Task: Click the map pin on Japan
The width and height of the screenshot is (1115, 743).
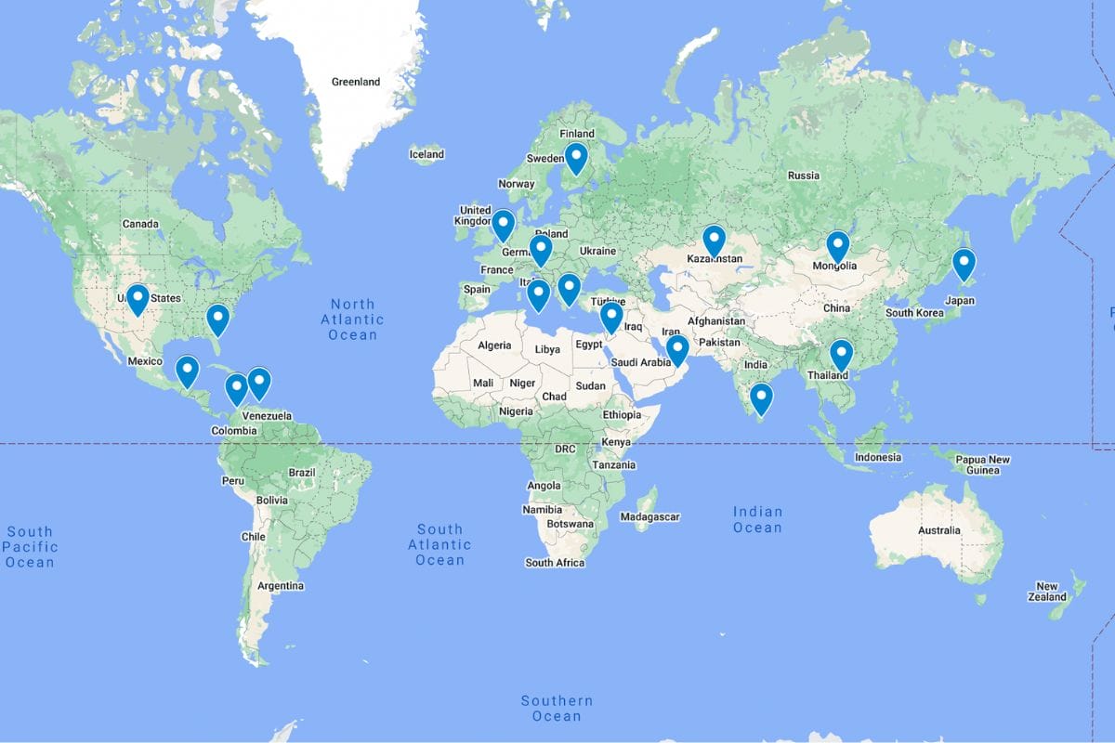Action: (964, 264)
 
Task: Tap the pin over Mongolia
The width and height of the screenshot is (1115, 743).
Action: (837, 246)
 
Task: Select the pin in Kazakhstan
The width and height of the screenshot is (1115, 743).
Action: (714, 240)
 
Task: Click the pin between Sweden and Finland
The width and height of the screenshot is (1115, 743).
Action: (576, 157)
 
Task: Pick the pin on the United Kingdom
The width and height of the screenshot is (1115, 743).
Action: (503, 224)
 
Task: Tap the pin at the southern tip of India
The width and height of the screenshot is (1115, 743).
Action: (761, 398)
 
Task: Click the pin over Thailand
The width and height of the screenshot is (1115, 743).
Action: (841, 354)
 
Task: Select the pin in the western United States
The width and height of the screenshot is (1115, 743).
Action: (138, 298)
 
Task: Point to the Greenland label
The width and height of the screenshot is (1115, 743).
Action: (356, 82)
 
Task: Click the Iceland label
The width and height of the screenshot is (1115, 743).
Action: (426, 154)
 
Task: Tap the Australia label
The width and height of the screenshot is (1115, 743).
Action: (938, 530)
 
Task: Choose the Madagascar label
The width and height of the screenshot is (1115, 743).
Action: (650, 516)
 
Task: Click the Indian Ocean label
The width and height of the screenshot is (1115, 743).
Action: (757, 519)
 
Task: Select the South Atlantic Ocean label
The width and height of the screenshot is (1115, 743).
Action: (439, 544)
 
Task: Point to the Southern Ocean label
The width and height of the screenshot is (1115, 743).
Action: (557, 708)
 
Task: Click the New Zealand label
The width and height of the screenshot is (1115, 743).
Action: (1047, 592)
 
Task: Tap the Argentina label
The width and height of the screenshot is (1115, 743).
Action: (280, 585)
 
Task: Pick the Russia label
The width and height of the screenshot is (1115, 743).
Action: (803, 176)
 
